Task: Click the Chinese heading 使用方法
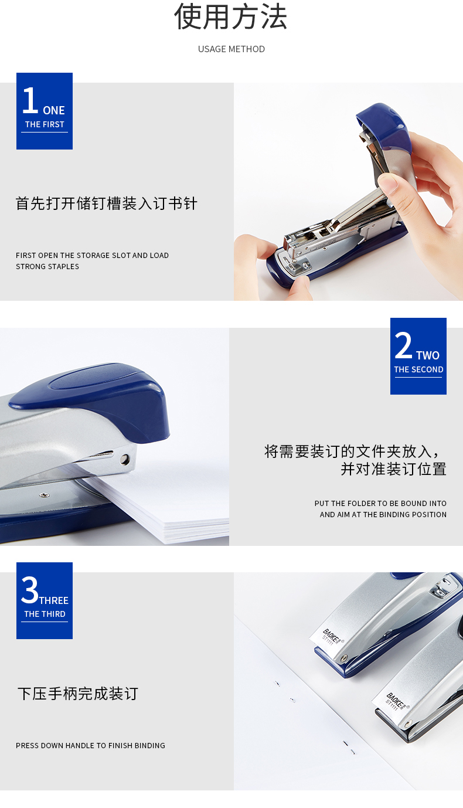pos(231,16)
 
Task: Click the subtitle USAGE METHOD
pos(231,49)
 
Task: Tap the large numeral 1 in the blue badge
pos(30,100)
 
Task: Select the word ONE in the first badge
pos(54,110)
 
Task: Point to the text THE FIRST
pos(45,124)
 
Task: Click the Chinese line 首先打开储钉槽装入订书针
pos(107,203)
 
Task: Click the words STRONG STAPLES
pos(47,267)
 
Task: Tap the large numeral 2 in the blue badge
pos(403,345)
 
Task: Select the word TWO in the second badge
pos(428,356)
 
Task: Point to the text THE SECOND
pos(418,369)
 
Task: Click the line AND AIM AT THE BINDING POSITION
pos(383,515)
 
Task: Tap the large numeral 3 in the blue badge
pos(29,589)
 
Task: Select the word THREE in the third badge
pos(54,600)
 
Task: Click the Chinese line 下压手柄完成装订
pos(78,694)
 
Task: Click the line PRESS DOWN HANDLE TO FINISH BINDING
pos(90,746)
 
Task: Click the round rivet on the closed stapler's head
pos(125,459)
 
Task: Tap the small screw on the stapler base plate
pos(45,495)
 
